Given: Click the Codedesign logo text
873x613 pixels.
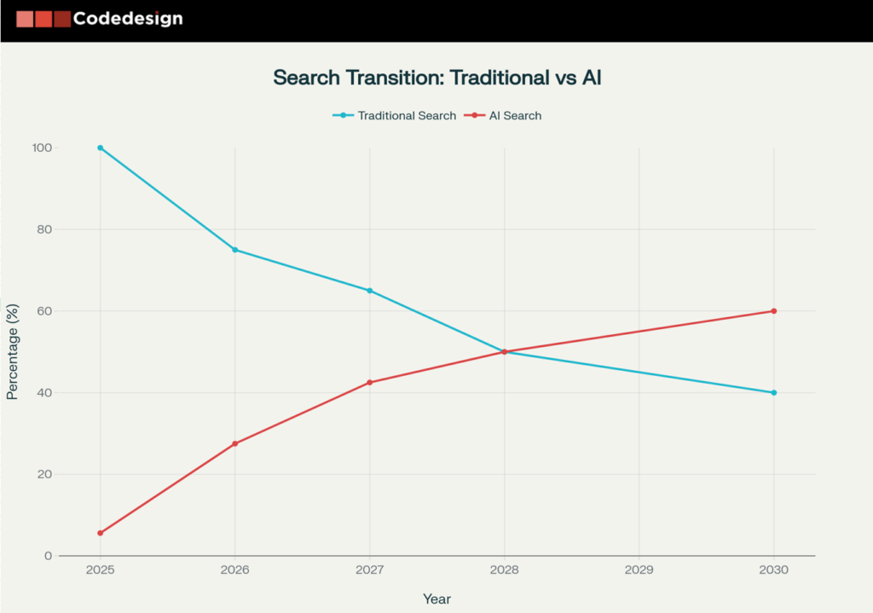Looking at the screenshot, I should (x=127, y=18).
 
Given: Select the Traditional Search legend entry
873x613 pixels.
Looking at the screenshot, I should (x=395, y=115).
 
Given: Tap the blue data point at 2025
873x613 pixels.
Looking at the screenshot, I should (x=101, y=147).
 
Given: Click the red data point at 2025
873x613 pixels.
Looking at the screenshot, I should (x=101, y=533).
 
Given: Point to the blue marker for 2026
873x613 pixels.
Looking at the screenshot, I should (x=235, y=250).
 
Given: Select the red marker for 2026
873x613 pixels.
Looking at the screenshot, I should (x=235, y=443).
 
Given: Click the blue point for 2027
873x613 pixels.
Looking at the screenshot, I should (x=369, y=291).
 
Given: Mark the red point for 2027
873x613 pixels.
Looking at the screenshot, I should (x=369, y=382).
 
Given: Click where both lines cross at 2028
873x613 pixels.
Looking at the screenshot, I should (x=504, y=351).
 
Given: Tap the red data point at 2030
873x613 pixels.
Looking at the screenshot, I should (x=773, y=311).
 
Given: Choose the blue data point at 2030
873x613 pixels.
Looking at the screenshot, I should (x=773, y=392).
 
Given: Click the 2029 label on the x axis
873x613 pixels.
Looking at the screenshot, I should (x=639, y=570).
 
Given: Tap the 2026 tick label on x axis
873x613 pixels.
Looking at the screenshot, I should (x=235, y=570).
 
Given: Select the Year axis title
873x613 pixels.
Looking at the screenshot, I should (x=436, y=599).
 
